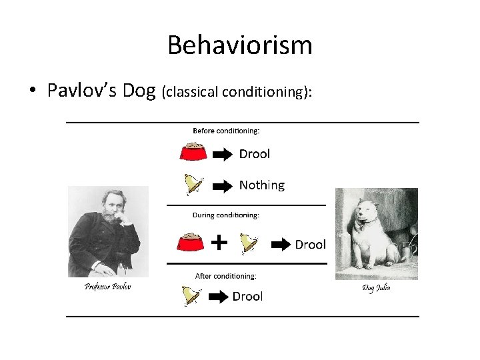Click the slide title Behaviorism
(239, 45)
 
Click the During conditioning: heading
(226, 215)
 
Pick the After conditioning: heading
(225, 275)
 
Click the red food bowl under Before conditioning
(193, 153)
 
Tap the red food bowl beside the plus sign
(190, 243)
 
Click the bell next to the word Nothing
(193, 183)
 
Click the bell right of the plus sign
(249, 243)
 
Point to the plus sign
(219, 242)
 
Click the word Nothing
(261, 185)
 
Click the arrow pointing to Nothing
(223, 186)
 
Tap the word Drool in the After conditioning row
(247, 296)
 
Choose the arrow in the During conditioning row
(280, 245)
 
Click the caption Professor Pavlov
(107, 287)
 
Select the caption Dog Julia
(376, 288)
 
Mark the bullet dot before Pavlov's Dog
(33, 91)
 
